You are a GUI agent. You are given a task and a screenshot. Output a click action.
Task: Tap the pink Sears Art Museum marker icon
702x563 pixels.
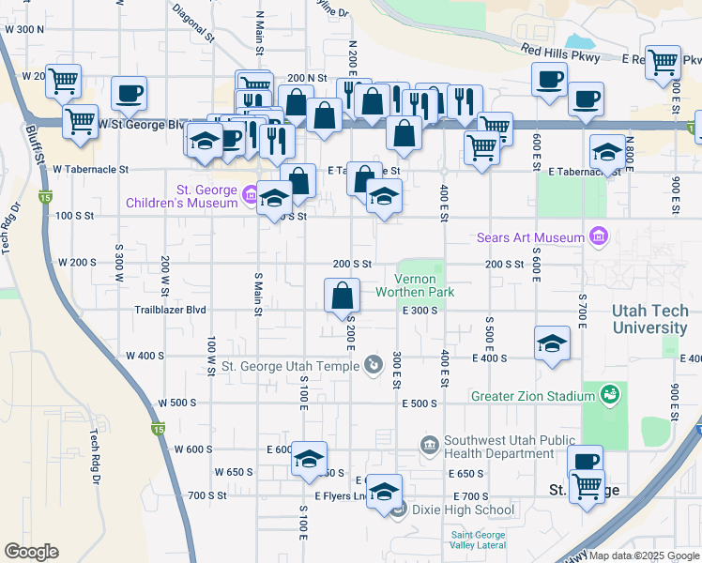(597, 236)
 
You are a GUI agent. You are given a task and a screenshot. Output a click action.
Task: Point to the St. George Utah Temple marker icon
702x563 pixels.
(374, 365)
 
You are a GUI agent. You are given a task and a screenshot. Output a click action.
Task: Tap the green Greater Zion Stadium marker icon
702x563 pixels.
(609, 396)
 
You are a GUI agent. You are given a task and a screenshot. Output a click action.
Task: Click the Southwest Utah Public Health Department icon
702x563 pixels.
(429, 444)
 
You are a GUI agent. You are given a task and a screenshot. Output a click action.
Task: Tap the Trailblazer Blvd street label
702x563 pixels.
(170, 310)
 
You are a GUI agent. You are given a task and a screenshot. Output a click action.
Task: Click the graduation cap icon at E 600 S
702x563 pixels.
(309, 458)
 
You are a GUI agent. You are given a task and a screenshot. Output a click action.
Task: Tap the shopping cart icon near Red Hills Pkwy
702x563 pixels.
(663, 62)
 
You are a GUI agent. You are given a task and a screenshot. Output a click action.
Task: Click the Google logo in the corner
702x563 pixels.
(31, 552)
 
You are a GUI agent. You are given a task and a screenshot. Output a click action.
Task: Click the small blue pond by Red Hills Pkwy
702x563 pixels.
(581, 41)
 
